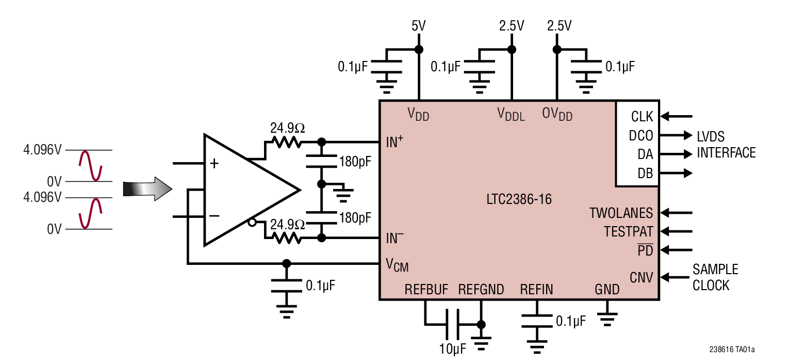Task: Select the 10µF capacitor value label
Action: pos(453,349)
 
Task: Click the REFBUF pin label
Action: pos(426,289)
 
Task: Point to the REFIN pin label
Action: pos(536,289)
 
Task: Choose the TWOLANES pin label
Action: pos(621,213)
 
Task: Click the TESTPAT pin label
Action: pos(629,231)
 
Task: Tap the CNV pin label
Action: pos(641,278)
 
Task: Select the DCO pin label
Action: pos(641,136)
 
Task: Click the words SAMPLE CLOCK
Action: pos(715,277)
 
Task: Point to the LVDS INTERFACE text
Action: pos(726,145)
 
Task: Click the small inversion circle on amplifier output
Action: pos(252,223)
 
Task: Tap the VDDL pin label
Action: pos(511,114)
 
